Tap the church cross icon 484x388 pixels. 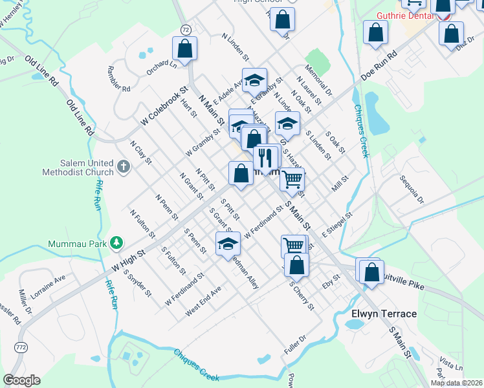124,168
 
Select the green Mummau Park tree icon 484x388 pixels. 116,243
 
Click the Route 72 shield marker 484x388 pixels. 186,30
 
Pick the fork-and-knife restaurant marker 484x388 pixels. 265,157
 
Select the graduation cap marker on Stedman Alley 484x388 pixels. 228,244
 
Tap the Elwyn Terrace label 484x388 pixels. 384,314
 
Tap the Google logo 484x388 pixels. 21,380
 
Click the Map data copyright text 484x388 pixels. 456,383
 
